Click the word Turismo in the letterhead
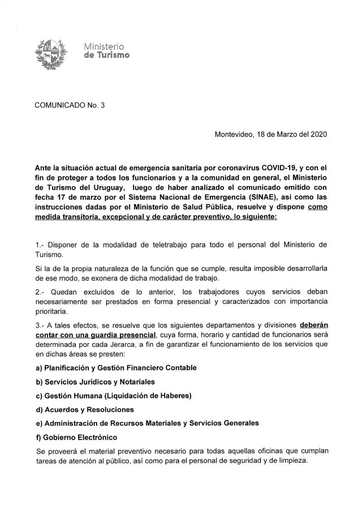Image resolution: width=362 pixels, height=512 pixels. click(x=111, y=55)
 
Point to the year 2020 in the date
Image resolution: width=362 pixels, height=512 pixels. click(x=317, y=135)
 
